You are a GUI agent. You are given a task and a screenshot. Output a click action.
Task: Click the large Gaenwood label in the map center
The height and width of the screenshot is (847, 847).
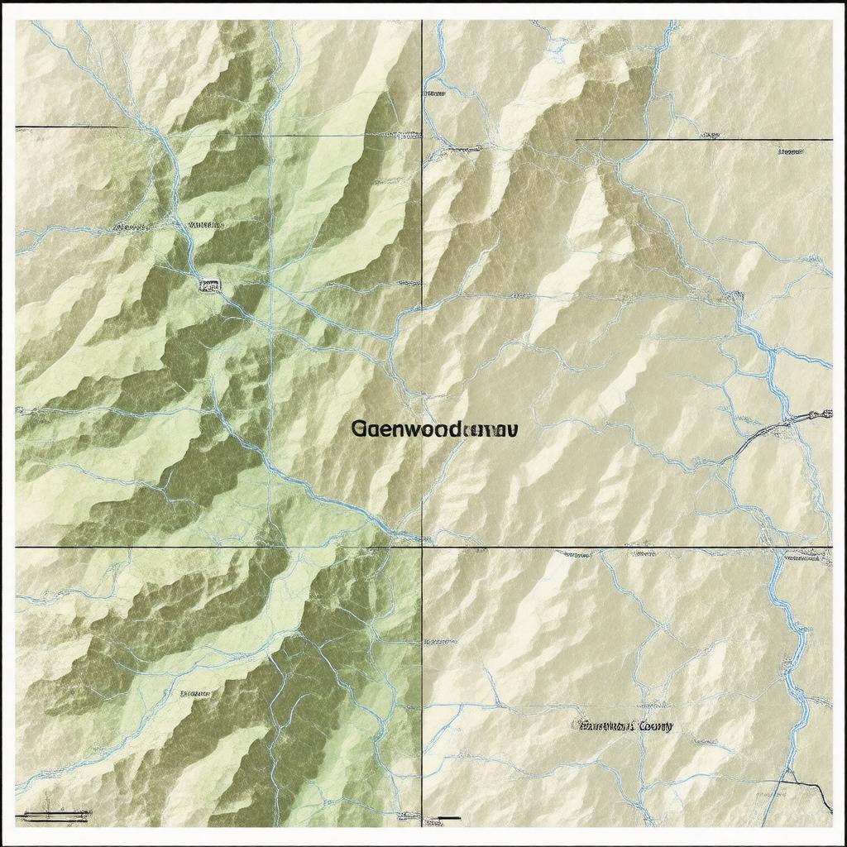434,429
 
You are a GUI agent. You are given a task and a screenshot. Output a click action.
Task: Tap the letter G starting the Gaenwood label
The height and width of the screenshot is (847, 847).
359,429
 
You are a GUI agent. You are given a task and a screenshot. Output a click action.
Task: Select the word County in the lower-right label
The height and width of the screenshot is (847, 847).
654,726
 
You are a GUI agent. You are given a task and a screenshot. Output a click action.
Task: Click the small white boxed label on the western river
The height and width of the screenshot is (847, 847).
209,285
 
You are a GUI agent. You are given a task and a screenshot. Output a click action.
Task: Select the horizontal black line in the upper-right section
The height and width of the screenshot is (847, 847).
703,140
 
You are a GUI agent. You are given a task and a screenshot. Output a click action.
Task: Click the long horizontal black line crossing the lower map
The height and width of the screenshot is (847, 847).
579,547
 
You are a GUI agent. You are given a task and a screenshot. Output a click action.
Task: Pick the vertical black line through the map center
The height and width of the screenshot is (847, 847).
422,331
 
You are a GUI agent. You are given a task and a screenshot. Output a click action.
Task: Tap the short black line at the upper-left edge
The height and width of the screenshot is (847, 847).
66,127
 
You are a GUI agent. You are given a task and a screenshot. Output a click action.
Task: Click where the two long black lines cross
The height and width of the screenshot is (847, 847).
422,547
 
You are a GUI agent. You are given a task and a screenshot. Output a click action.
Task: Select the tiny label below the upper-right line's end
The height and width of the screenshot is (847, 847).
791,152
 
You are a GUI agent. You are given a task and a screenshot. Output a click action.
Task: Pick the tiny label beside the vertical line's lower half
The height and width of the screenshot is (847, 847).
441,641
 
